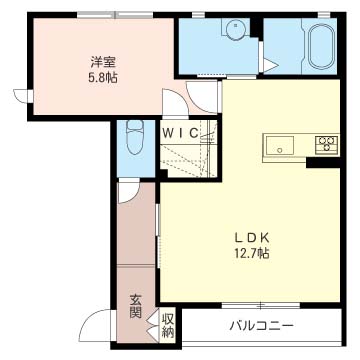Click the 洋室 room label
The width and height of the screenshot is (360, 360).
tap(103, 63)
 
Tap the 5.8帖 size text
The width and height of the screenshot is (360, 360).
tap(103, 79)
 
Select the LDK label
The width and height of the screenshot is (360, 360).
tap(252, 238)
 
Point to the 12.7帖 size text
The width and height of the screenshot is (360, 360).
tap(252, 254)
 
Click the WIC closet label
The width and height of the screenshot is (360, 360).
tap(180, 133)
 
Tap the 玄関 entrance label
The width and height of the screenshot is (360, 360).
tap(136, 307)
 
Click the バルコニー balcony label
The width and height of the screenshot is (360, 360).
tap(261, 325)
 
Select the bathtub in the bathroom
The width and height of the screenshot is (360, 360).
tap(320, 47)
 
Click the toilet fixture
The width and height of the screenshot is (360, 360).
tap(135, 137)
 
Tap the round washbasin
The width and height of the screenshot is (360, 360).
tap(235, 29)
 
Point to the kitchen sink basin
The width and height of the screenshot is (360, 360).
tap(280, 146)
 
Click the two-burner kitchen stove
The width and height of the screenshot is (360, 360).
tap(327, 145)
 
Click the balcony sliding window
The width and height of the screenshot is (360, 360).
tap(261, 305)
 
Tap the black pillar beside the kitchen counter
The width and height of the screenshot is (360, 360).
tap(323, 163)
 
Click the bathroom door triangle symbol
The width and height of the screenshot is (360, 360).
tap(269, 65)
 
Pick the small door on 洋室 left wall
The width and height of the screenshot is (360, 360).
tap(23, 96)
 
